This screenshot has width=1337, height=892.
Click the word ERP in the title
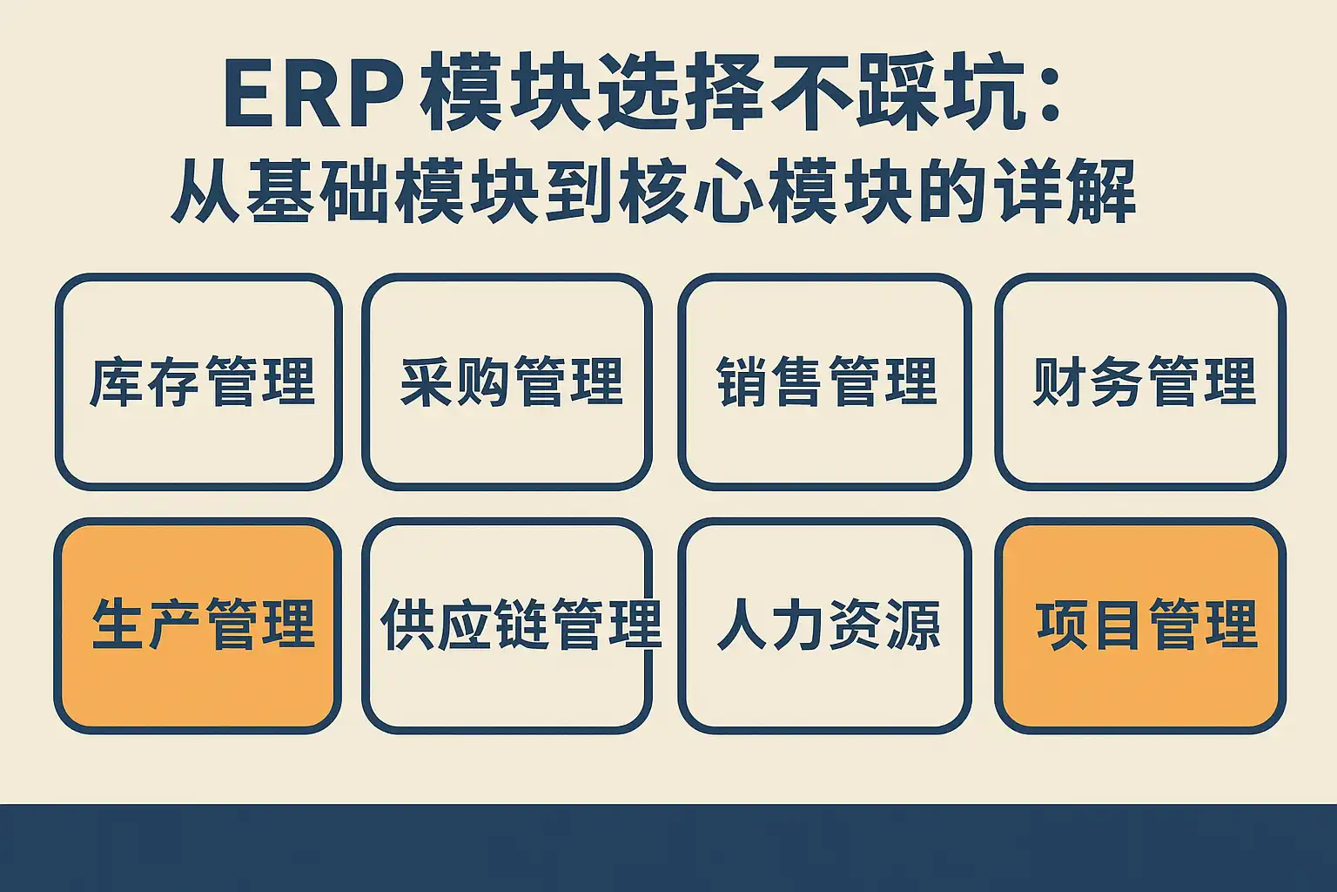(x=312, y=93)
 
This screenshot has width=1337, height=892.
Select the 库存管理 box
(x=198, y=382)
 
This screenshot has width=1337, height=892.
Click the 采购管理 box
(x=507, y=382)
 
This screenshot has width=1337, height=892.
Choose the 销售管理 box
(x=824, y=382)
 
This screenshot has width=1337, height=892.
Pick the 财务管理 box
(x=1140, y=382)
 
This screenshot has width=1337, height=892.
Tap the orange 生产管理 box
(x=198, y=626)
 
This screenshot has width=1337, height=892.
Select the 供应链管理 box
(x=507, y=626)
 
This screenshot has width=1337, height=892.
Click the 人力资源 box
(x=824, y=626)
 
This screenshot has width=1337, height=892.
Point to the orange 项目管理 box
(x=1140, y=626)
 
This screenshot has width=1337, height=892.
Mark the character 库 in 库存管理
(x=116, y=382)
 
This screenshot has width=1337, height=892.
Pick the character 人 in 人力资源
(x=741, y=625)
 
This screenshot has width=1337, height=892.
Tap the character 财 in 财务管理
(x=1058, y=382)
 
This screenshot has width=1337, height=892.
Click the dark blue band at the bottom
(x=668, y=848)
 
